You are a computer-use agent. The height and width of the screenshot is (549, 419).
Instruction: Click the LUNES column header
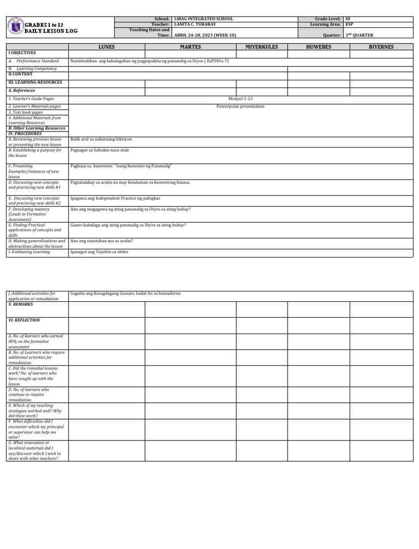tap(106, 47)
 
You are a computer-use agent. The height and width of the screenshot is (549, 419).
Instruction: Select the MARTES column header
tap(190, 47)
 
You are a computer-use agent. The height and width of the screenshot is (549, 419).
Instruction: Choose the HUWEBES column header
tap(319, 47)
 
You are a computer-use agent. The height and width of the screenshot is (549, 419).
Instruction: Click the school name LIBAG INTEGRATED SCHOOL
tap(203, 19)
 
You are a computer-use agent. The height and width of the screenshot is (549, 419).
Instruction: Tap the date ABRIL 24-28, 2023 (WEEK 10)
tap(205, 35)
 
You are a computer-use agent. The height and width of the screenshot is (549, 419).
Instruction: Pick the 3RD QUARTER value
tap(359, 35)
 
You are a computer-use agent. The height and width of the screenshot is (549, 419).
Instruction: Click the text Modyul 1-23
tap(240, 98)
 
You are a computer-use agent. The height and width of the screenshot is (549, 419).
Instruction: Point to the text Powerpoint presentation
tap(240, 106)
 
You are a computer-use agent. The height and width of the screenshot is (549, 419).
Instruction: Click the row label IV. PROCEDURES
tap(25, 133)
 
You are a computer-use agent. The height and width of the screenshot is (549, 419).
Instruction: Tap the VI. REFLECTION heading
tap(24, 320)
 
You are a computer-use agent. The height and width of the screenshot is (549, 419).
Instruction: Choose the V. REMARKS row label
tap(21, 304)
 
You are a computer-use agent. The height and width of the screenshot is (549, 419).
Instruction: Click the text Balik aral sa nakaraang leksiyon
tap(101, 140)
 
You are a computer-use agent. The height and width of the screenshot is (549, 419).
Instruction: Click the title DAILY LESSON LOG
tap(52, 31)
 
